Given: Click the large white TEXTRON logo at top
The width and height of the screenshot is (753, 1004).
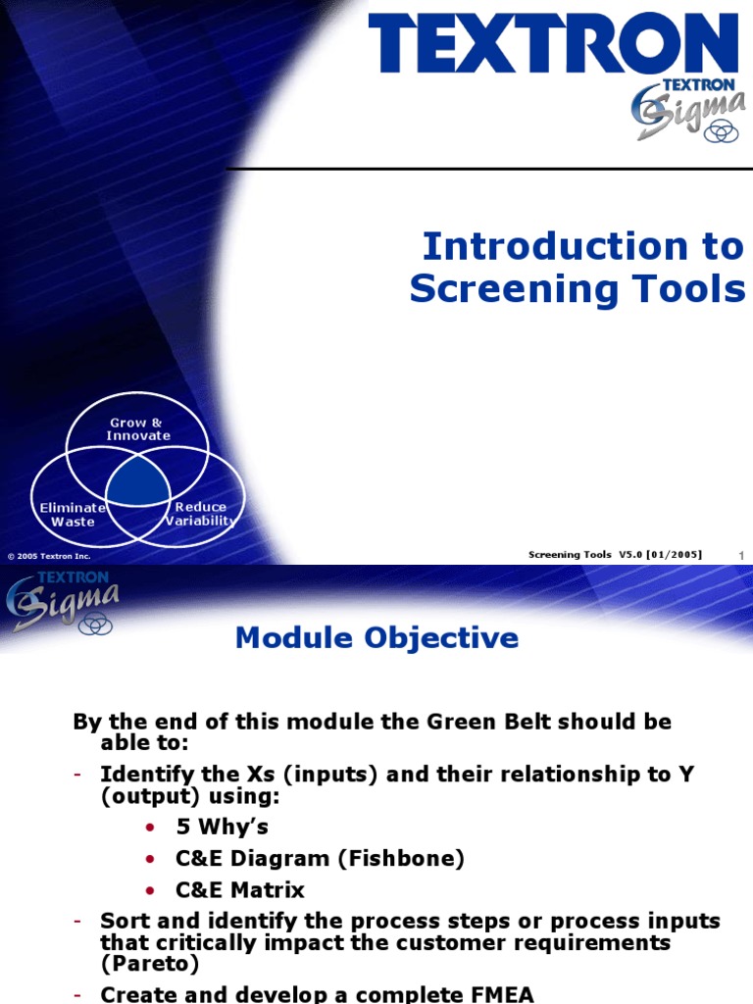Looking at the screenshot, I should tap(553, 44).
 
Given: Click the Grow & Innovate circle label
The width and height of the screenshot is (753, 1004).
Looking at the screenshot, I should tap(138, 429).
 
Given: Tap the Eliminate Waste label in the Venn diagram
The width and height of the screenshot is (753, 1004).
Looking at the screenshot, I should tap(73, 515).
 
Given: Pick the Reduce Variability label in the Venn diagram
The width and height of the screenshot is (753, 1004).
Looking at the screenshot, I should tap(201, 515).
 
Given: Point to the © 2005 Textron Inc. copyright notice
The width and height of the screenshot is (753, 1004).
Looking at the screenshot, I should tap(49, 556).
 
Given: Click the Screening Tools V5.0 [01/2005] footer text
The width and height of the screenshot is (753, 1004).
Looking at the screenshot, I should tap(615, 555).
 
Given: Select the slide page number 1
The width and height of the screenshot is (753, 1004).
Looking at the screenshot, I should tap(741, 557).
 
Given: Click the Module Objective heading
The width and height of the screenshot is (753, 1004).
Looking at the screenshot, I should tap(376, 638).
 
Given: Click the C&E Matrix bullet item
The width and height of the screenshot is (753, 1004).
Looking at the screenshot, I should tap(239, 890).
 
